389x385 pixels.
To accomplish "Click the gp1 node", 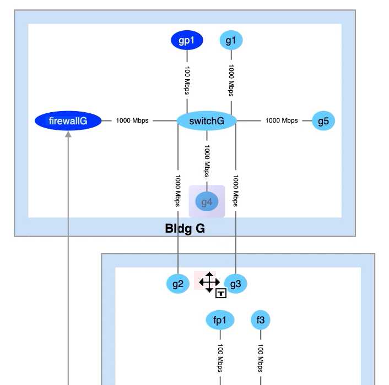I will point(187,40).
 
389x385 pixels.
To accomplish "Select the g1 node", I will point(231,40).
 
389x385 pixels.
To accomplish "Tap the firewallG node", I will point(68,121).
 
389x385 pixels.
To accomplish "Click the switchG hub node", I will point(207,121).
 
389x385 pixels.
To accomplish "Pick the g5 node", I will point(323,120).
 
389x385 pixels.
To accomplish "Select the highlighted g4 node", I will point(207,202).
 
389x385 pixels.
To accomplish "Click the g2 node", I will point(177,284).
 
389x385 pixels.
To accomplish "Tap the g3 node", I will point(236,284).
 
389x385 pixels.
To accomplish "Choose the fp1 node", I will point(220,320).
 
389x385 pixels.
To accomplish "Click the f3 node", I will point(261,320).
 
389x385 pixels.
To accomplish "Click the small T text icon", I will point(221,293).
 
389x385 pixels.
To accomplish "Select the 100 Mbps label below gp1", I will point(187,81).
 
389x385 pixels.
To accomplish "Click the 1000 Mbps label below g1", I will point(231,81).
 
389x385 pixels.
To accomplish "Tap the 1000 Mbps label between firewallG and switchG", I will point(132,121).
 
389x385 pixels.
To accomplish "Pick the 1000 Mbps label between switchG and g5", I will point(282,120).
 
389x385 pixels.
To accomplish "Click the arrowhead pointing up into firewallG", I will point(68,135).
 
